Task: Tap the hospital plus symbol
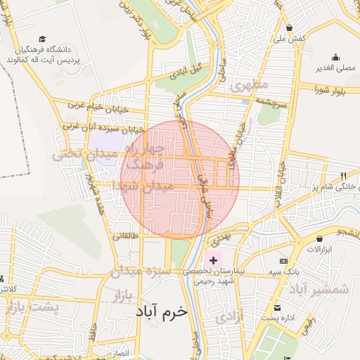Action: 214,260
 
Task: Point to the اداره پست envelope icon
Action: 278,307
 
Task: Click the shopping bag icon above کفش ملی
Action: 290,27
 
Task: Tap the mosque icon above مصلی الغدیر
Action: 336,58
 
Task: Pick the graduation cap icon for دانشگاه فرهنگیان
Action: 42,39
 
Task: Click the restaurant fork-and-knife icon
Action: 343,176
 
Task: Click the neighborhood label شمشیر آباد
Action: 328,289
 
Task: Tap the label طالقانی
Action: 126,236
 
